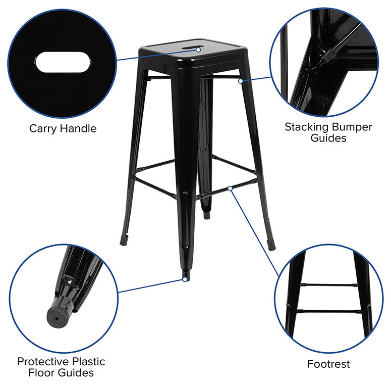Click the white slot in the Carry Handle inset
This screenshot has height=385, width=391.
click(x=63, y=62)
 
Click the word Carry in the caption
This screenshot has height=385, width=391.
click(x=43, y=129)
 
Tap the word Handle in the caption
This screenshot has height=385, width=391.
click(x=78, y=128)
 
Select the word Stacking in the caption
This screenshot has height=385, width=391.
click(x=307, y=127)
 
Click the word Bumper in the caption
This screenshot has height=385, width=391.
click(x=352, y=127)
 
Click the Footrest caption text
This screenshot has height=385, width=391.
click(x=328, y=364)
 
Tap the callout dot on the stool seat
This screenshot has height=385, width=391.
click(x=198, y=50)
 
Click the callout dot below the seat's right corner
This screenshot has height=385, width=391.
click(x=240, y=81)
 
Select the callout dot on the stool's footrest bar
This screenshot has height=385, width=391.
click(x=230, y=188)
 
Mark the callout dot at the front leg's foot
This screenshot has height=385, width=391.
click(x=185, y=279)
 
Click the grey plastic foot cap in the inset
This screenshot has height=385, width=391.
click(x=58, y=317)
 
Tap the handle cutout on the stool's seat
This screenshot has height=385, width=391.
click(x=195, y=47)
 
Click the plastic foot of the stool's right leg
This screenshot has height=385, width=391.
click(x=271, y=245)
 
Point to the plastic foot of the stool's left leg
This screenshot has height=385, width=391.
click(x=124, y=240)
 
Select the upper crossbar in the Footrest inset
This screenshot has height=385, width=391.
click(x=329, y=284)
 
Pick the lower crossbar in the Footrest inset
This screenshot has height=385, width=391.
click(x=328, y=311)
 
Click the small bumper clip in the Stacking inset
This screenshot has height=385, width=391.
click(x=328, y=57)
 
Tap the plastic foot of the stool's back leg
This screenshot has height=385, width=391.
click(x=207, y=215)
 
